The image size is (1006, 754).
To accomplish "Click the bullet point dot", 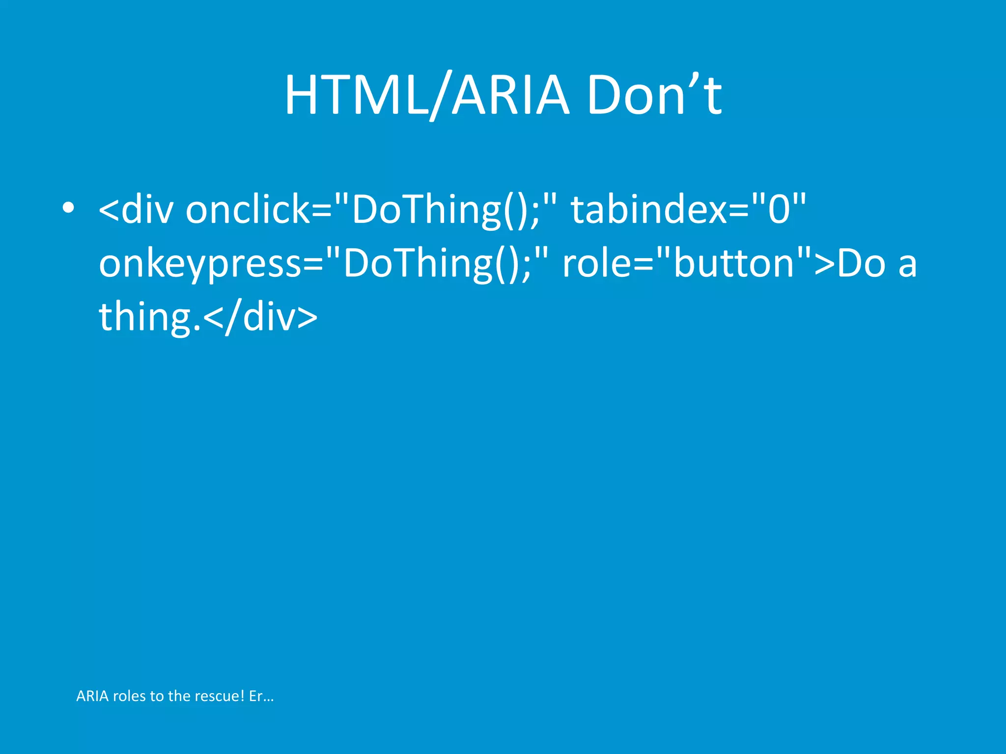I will click(x=68, y=208).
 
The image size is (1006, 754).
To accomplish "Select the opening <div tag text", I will click(x=136, y=210).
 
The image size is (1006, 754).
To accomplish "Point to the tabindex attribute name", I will click(x=649, y=210).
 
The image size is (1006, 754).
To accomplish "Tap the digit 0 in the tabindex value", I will click(x=779, y=210).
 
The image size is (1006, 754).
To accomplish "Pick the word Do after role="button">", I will click(x=861, y=264).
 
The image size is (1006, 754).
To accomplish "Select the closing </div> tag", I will click(x=260, y=318).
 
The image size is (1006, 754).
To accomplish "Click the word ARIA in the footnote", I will click(x=92, y=696).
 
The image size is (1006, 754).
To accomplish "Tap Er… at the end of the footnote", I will click(x=261, y=696).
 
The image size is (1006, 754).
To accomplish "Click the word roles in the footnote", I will click(x=129, y=696).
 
